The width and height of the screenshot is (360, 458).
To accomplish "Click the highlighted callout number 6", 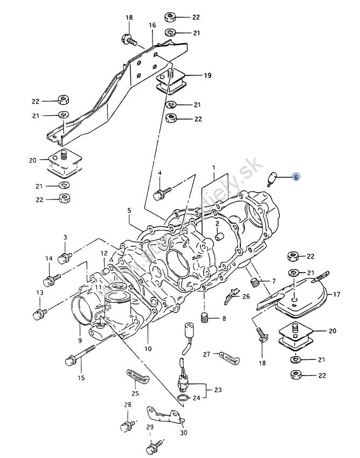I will click(296, 176).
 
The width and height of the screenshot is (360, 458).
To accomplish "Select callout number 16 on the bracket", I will click(152, 25).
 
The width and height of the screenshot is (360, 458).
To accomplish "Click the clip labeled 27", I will click(229, 356).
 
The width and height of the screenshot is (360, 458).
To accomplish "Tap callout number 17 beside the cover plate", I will click(336, 294).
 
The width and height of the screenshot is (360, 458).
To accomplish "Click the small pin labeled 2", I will click(219, 238).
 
